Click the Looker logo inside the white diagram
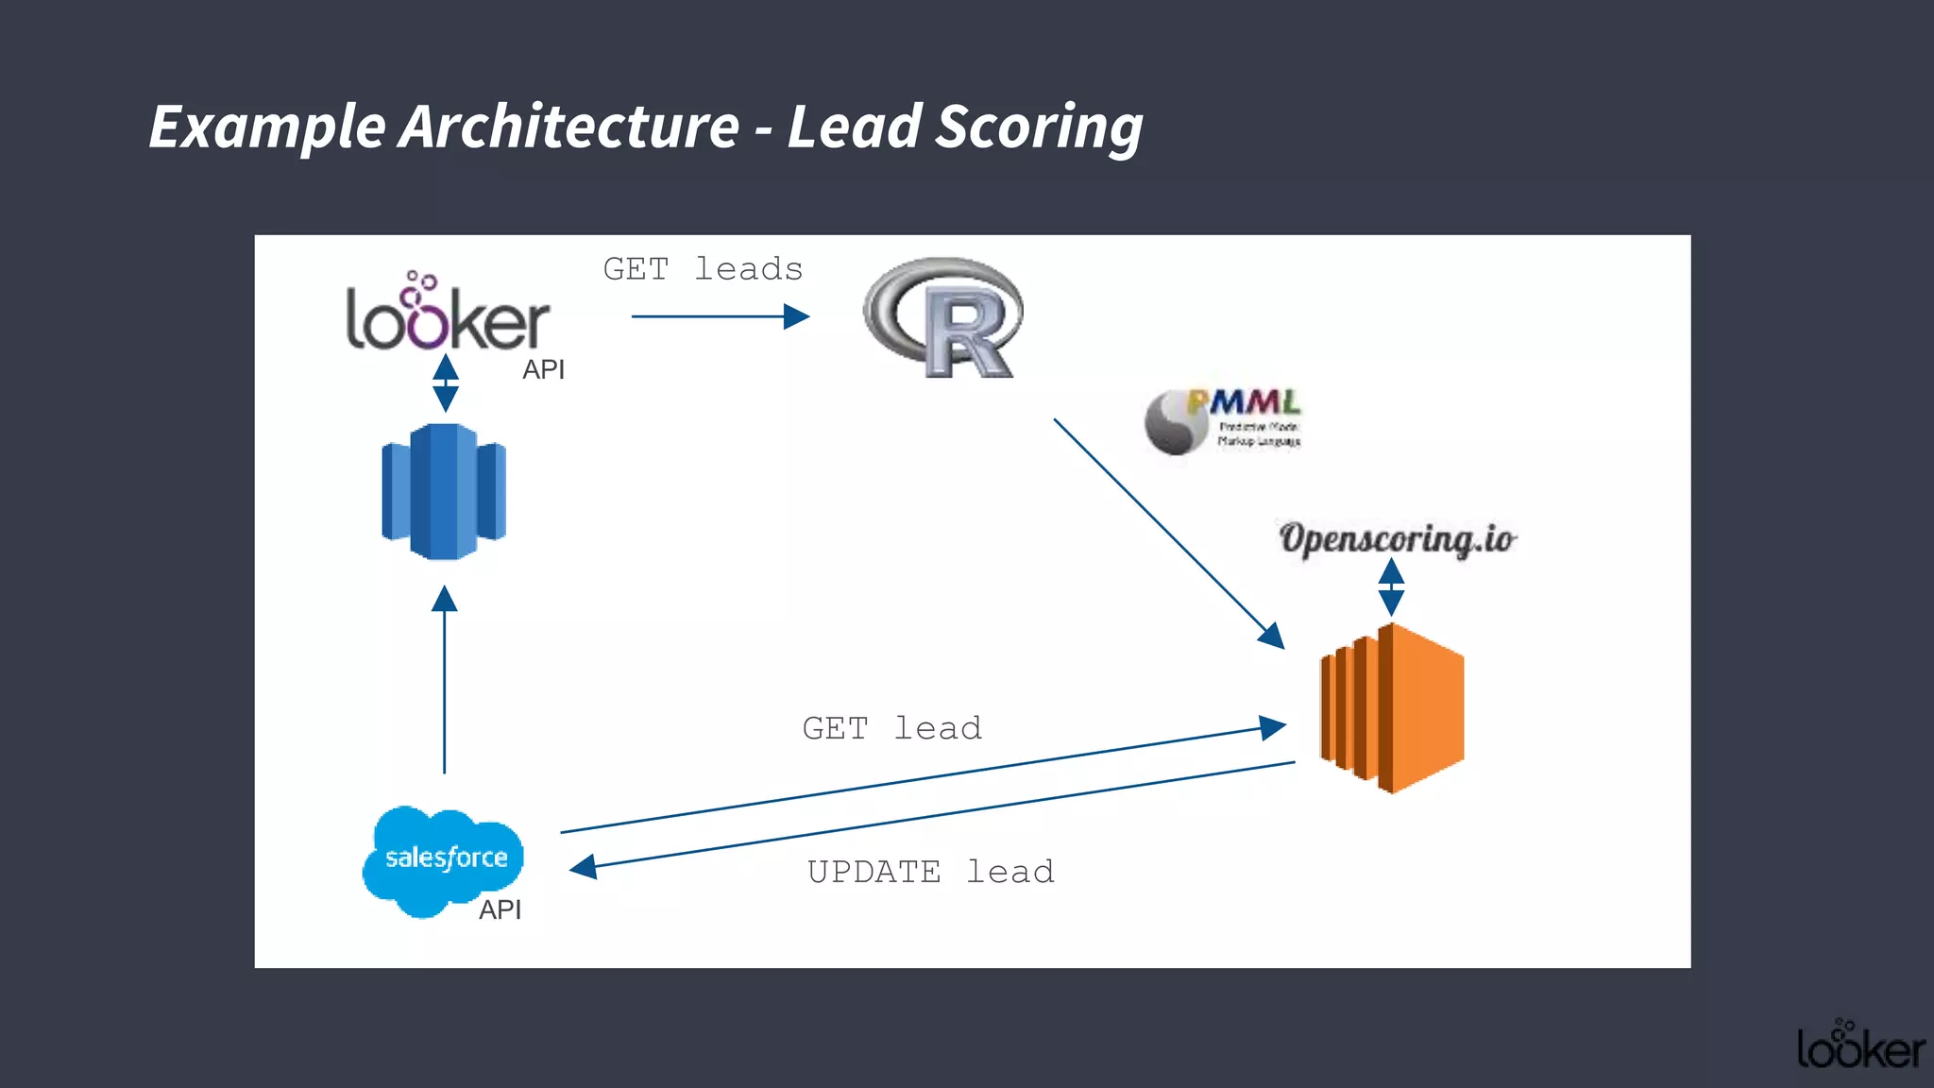click(447, 316)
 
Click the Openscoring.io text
click(1397, 538)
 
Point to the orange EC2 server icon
click(1392, 707)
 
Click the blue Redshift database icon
click(444, 491)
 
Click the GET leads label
click(703, 269)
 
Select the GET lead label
click(891, 728)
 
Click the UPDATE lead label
click(930, 871)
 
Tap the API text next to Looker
click(543, 369)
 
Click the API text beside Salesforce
click(500, 909)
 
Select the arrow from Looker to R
click(720, 316)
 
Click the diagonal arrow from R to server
click(1168, 533)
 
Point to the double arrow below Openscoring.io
click(1391, 586)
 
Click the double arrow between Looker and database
click(445, 382)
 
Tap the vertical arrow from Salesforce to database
click(444, 680)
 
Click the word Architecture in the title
click(568, 127)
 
